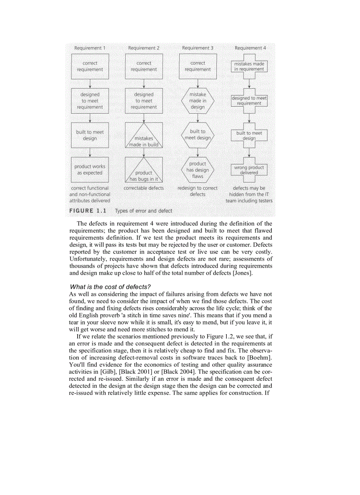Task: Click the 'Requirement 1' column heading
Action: [x=90, y=48]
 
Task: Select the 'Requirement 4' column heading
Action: [x=250, y=48]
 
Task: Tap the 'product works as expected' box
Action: [x=90, y=170]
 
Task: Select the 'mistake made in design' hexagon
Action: [x=198, y=101]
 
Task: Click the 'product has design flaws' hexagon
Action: [x=198, y=170]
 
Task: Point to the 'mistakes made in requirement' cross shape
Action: [x=249, y=67]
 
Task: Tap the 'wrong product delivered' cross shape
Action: [x=249, y=170]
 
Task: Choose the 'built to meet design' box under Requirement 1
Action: [x=90, y=135]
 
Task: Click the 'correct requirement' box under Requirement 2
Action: [x=144, y=67]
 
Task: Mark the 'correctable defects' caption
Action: [x=144, y=188]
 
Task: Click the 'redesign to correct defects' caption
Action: [x=198, y=191]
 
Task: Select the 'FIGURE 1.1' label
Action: [x=88, y=211]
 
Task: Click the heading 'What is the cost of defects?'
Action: [x=110, y=287]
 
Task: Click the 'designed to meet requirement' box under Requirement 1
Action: [x=90, y=101]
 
